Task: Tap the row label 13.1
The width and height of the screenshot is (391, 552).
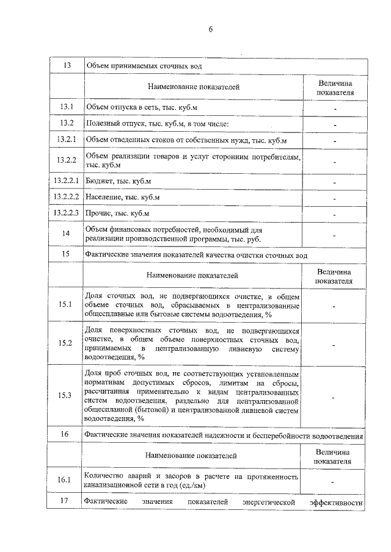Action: (67, 108)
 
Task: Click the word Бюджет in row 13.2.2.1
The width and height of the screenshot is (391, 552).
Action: (99, 182)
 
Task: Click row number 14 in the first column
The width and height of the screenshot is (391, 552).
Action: (67, 234)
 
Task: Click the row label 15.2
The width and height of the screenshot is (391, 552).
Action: (67, 343)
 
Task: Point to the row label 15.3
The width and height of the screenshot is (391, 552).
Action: (67, 395)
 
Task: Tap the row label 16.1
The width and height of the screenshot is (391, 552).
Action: (67, 480)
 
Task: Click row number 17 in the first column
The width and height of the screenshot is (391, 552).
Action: (67, 501)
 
